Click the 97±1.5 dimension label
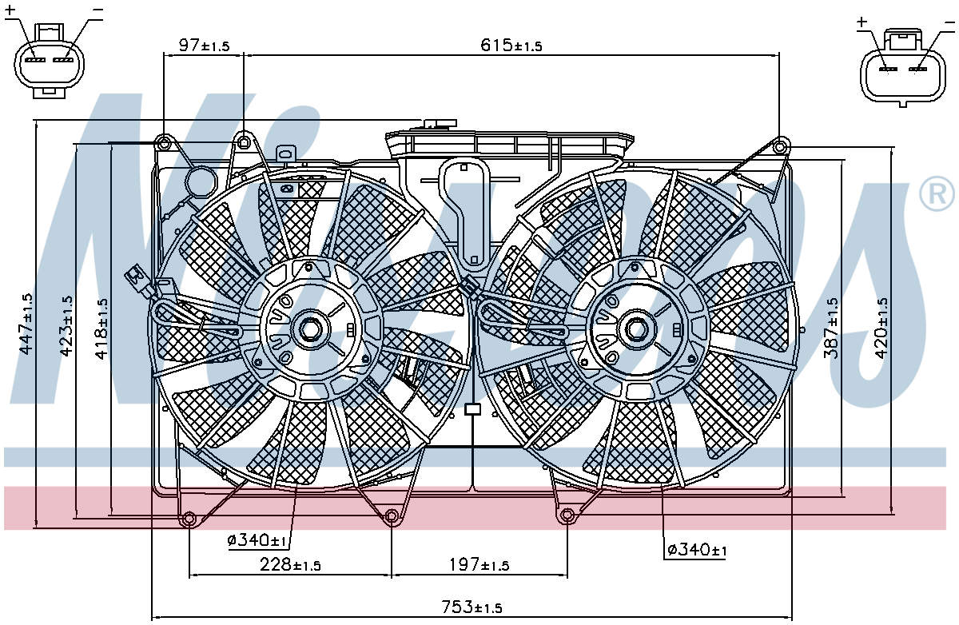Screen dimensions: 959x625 click(204, 45)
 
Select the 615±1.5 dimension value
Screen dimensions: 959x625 click(511, 45)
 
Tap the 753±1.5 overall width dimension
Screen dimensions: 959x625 click(472, 607)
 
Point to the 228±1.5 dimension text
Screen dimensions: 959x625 click(290, 564)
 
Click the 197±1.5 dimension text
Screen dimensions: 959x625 click(479, 564)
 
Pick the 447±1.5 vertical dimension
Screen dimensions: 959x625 click(26, 324)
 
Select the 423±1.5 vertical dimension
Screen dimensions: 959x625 click(66, 325)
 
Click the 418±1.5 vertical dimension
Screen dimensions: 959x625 click(102, 328)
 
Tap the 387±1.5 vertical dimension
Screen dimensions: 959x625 click(831, 328)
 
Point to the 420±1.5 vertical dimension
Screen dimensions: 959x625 click(882, 328)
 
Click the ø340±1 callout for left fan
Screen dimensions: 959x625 click(257, 540)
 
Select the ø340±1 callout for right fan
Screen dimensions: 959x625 click(697, 550)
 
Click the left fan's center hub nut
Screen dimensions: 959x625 click(308, 328)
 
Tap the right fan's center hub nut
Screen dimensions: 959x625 click(636, 329)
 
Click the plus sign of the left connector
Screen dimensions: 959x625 click(10, 10)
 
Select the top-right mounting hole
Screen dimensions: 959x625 click(780, 147)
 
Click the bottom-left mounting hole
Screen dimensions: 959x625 click(189, 519)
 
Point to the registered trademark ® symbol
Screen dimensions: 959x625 click(937, 193)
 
